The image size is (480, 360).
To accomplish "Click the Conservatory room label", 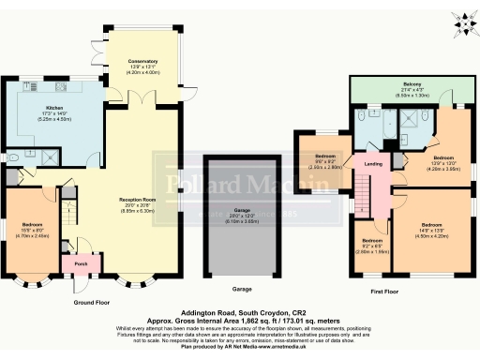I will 142,61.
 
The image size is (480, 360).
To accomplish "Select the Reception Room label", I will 136,200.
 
